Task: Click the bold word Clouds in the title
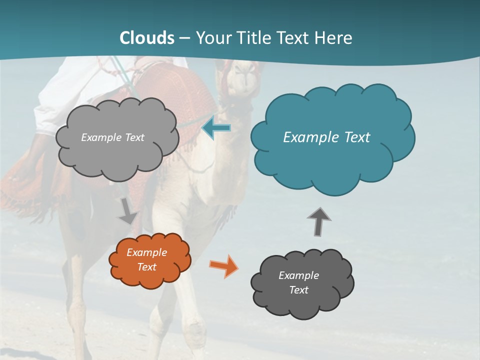147,37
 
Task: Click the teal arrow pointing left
216,128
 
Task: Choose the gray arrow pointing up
318,221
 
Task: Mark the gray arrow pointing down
127,211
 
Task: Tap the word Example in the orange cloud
146,252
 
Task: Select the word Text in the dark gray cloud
298,290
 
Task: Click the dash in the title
184,38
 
